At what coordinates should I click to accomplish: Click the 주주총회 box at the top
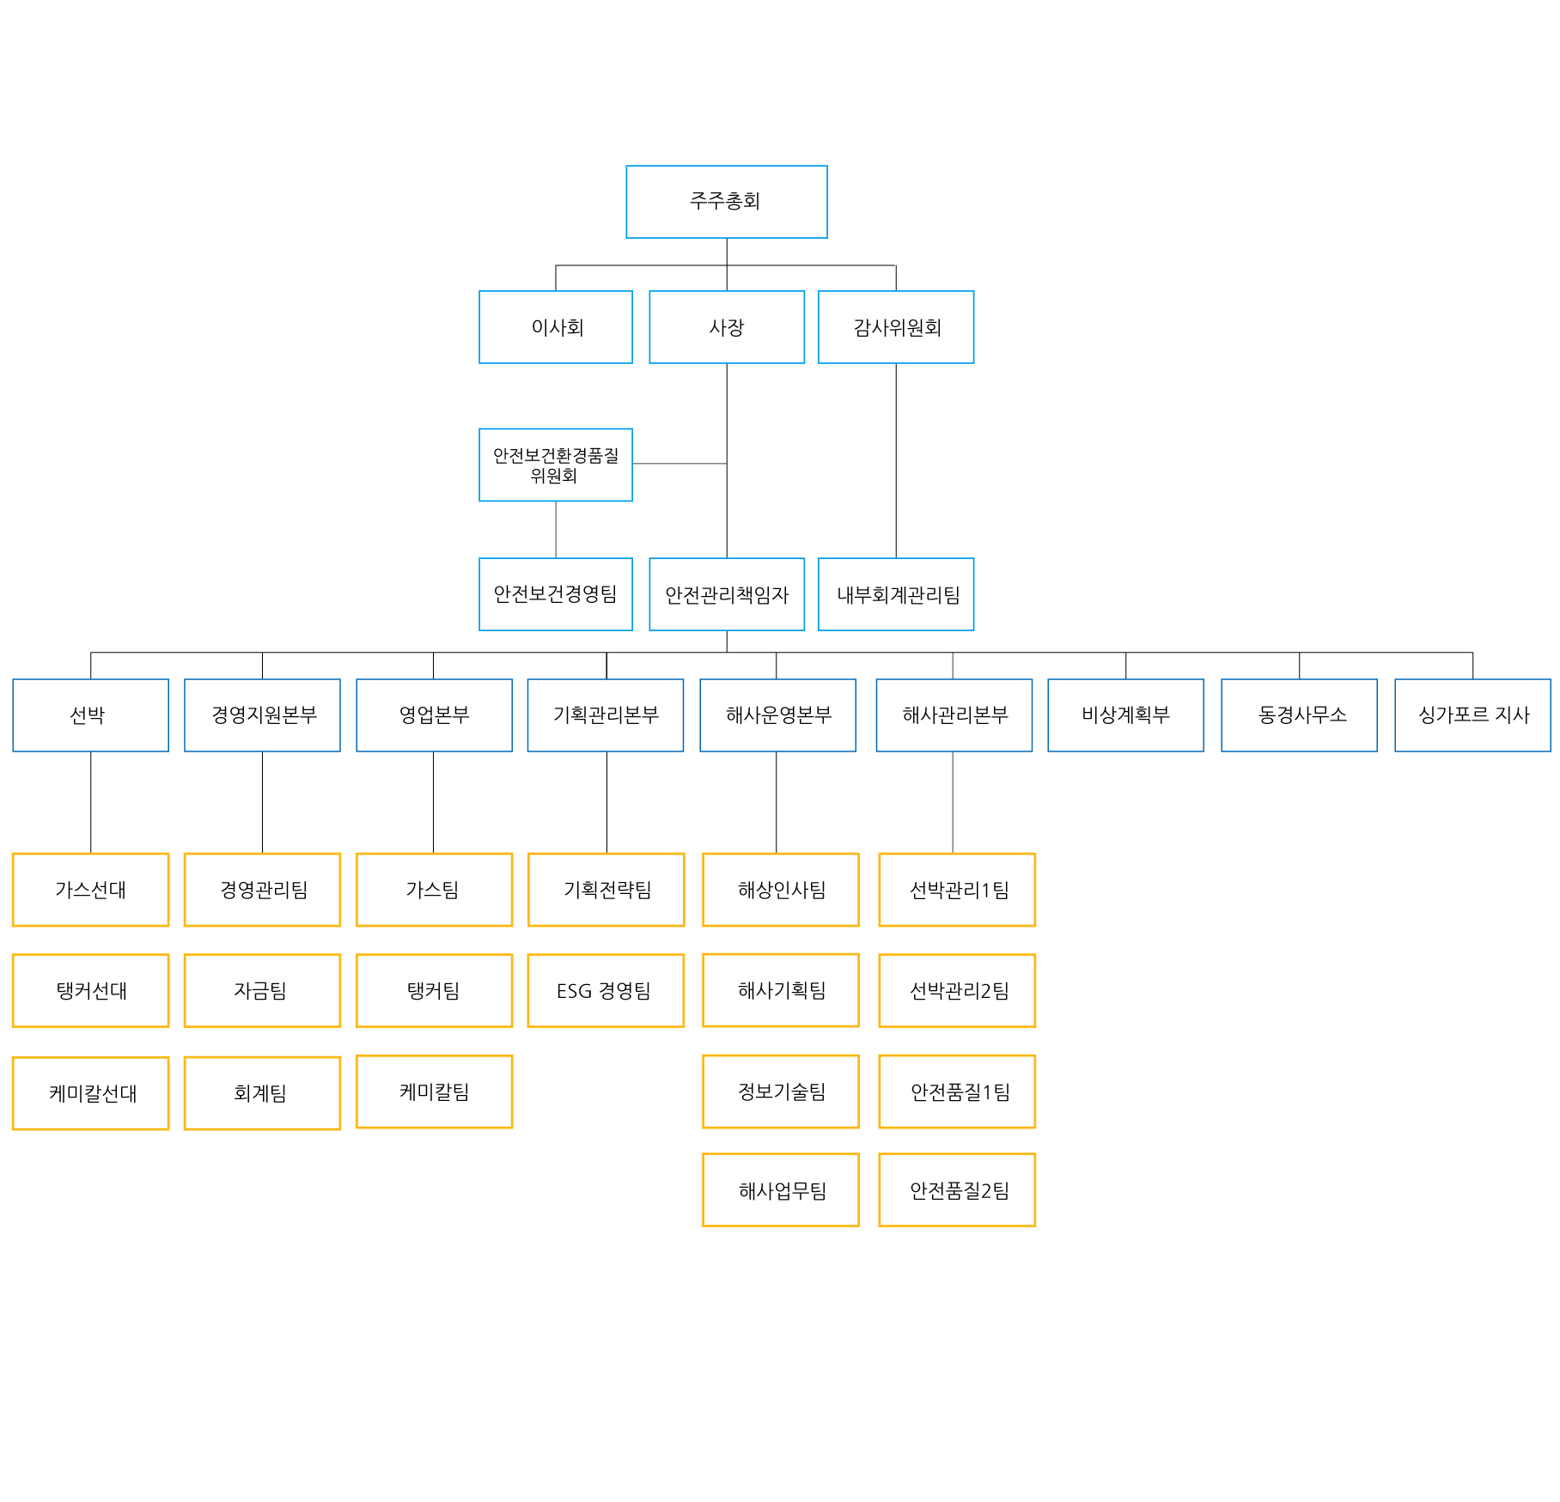(x=727, y=202)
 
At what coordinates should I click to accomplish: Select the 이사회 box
(x=556, y=327)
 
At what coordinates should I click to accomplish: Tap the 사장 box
(x=727, y=327)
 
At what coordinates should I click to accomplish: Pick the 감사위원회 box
(x=896, y=327)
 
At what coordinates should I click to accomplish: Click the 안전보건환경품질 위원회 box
(x=556, y=465)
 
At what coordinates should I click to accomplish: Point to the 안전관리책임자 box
(x=727, y=594)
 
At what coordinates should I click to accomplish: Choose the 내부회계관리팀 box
(x=896, y=594)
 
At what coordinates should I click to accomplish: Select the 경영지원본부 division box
(x=262, y=715)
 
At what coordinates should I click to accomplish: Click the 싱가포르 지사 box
(x=1472, y=715)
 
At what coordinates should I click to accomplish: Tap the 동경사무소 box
(x=1299, y=715)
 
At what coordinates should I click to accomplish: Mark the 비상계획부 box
(x=1125, y=715)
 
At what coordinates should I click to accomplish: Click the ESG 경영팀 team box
(x=606, y=990)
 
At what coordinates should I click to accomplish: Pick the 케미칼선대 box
(x=90, y=1093)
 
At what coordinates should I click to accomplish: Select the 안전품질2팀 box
(x=957, y=1189)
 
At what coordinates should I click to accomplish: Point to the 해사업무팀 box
(x=781, y=1189)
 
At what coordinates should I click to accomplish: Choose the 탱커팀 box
(x=434, y=990)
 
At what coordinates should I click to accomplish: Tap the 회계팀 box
(x=262, y=1093)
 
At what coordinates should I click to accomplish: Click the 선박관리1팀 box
(x=957, y=890)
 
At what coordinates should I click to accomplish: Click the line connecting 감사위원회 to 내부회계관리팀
(x=896, y=461)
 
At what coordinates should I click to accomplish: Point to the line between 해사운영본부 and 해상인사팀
(x=777, y=802)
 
